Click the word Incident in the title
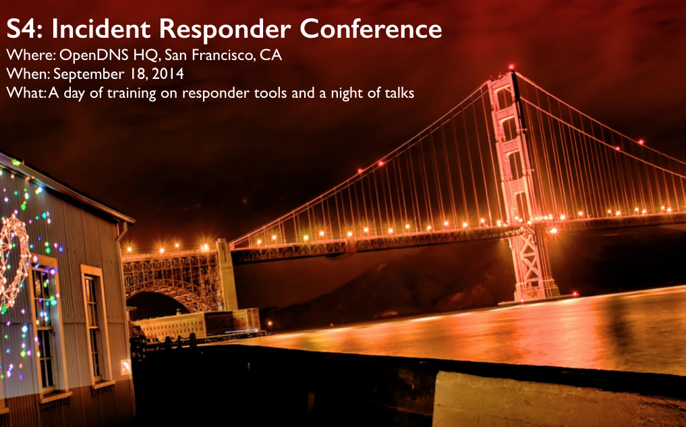tap(101, 29)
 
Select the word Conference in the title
tap(370, 29)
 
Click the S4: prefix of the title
tap(24, 29)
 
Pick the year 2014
tap(169, 74)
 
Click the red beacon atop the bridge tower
tap(511, 67)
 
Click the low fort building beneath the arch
tap(197, 324)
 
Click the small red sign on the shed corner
tap(125, 366)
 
